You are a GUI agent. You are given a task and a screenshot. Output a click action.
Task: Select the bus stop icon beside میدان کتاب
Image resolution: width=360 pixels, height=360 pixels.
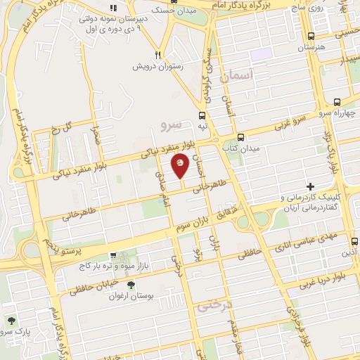240,138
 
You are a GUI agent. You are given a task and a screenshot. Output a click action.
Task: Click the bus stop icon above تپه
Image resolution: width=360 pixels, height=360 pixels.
202,115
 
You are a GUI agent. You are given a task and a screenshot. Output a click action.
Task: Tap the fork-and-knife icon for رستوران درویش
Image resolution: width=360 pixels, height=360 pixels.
160,55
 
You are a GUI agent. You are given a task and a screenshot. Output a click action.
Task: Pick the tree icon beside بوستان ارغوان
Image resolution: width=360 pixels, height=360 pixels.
131,285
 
